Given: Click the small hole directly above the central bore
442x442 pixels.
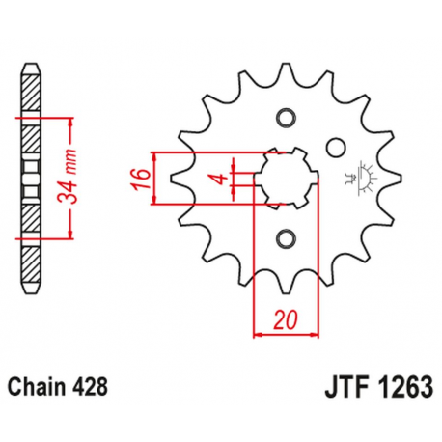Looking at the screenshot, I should coord(285,118).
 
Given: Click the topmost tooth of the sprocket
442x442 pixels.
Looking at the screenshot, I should coord(285,71).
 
